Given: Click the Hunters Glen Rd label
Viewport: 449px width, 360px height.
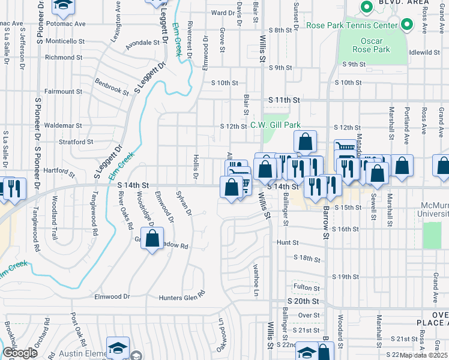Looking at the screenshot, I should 181,296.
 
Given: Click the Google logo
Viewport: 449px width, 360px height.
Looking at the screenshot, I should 20,353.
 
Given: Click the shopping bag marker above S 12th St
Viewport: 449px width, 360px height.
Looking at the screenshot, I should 305,142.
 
